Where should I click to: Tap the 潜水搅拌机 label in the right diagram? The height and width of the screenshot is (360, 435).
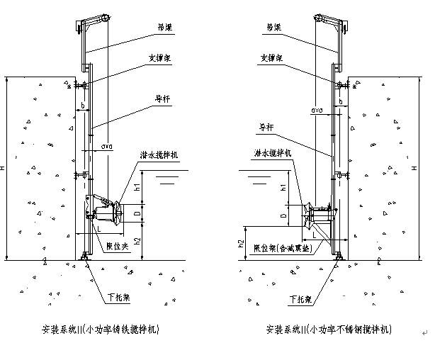270,153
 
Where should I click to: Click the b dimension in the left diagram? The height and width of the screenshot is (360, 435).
84,104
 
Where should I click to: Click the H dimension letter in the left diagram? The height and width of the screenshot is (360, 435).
4,168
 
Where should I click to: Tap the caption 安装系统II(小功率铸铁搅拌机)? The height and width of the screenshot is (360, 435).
101,330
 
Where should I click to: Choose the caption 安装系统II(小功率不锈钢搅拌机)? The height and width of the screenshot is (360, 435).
327,330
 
